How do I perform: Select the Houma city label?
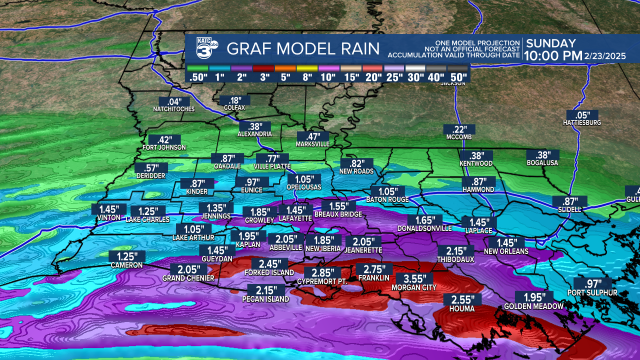[462, 309]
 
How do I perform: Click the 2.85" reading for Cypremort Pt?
[323, 273]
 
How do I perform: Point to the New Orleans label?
[506, 251]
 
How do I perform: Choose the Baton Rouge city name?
[387, 199]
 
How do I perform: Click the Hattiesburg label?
[581, 122]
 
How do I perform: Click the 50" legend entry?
[458, 77]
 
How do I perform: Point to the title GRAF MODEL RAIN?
[303, 49]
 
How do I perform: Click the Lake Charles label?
[147, 219]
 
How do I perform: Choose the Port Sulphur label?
[592, 293]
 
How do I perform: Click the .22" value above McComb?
[458, 129]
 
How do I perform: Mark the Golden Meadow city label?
[533, 306]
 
